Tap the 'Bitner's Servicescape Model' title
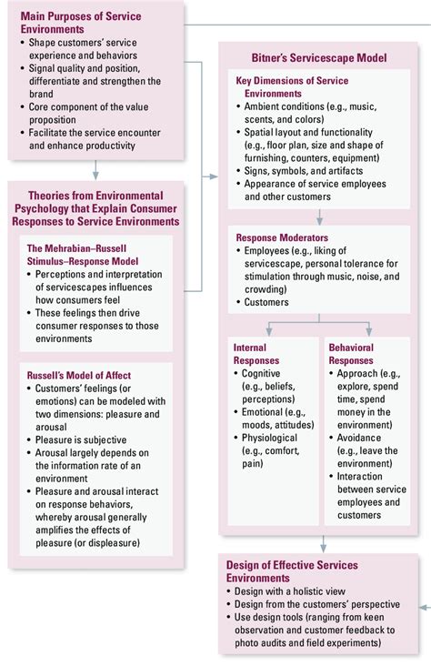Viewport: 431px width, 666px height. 319,58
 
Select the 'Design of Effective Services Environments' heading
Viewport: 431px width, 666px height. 292,571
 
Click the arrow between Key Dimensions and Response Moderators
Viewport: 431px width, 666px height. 319,217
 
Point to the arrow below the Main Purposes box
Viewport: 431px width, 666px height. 95,167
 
